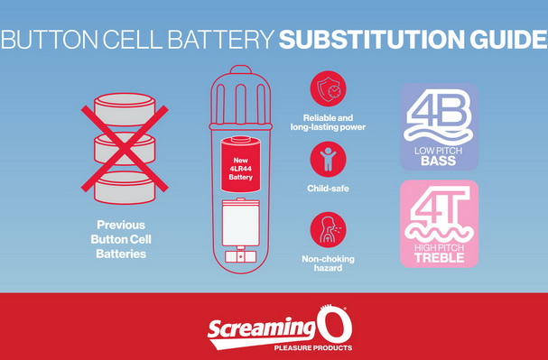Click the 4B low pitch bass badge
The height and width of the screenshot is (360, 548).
pyautogui.click(x=439, y=126)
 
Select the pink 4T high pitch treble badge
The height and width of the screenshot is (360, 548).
pyautogui.click(x=439, y=224)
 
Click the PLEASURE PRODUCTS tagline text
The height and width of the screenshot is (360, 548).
pyautogui.click(x=312, y=347)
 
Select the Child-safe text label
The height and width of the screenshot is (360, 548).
pyautogui.click(x=328, y=189)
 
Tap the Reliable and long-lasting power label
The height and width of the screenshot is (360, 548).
pyautogui.click(x=328, y=123)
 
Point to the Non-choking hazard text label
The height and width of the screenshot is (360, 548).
pyautogui.click(x=328, y=265)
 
